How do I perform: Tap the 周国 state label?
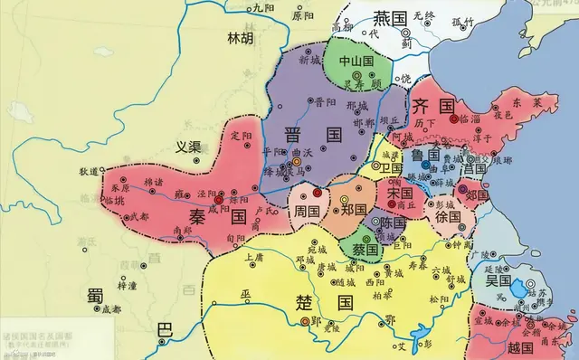[x=307, y=210]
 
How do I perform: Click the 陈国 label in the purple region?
[x=392, y=222]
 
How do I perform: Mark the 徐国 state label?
[x=447, y=217]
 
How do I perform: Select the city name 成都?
[x=110, y=308]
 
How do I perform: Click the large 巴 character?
[x=164, y=331]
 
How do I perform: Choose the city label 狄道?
[x=88, y=171]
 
